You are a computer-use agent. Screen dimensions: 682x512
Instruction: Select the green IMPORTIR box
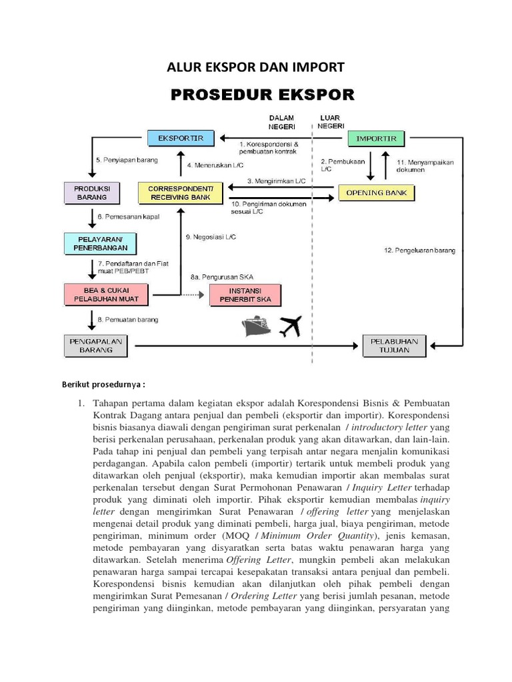pos(376,139)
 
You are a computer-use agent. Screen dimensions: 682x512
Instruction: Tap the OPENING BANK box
pos(377,193)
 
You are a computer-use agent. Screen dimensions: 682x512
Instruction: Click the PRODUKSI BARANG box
pos(92,193)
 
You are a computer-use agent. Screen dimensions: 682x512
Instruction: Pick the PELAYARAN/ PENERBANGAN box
pos(100,244)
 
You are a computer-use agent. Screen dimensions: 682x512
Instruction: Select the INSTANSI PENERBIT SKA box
pos(245,295)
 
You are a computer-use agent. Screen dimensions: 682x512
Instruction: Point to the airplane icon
pos(289,326)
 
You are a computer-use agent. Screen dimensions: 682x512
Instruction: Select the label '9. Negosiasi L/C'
pos(210,237)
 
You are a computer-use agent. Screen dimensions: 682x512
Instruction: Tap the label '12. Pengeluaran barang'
pos(419,250)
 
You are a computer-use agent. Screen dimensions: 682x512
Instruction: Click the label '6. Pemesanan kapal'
pos(129,217)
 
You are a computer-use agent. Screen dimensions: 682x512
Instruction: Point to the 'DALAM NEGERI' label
pos(281,122)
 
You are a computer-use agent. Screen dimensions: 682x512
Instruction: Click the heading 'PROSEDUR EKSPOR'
pos(263,95)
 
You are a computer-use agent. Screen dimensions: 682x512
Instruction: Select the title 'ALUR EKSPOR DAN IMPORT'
pos(255,67)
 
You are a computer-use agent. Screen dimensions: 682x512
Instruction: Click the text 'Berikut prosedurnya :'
pos(103,384)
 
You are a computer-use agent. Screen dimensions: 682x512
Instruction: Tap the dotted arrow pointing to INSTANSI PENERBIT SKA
pos(191,294)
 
